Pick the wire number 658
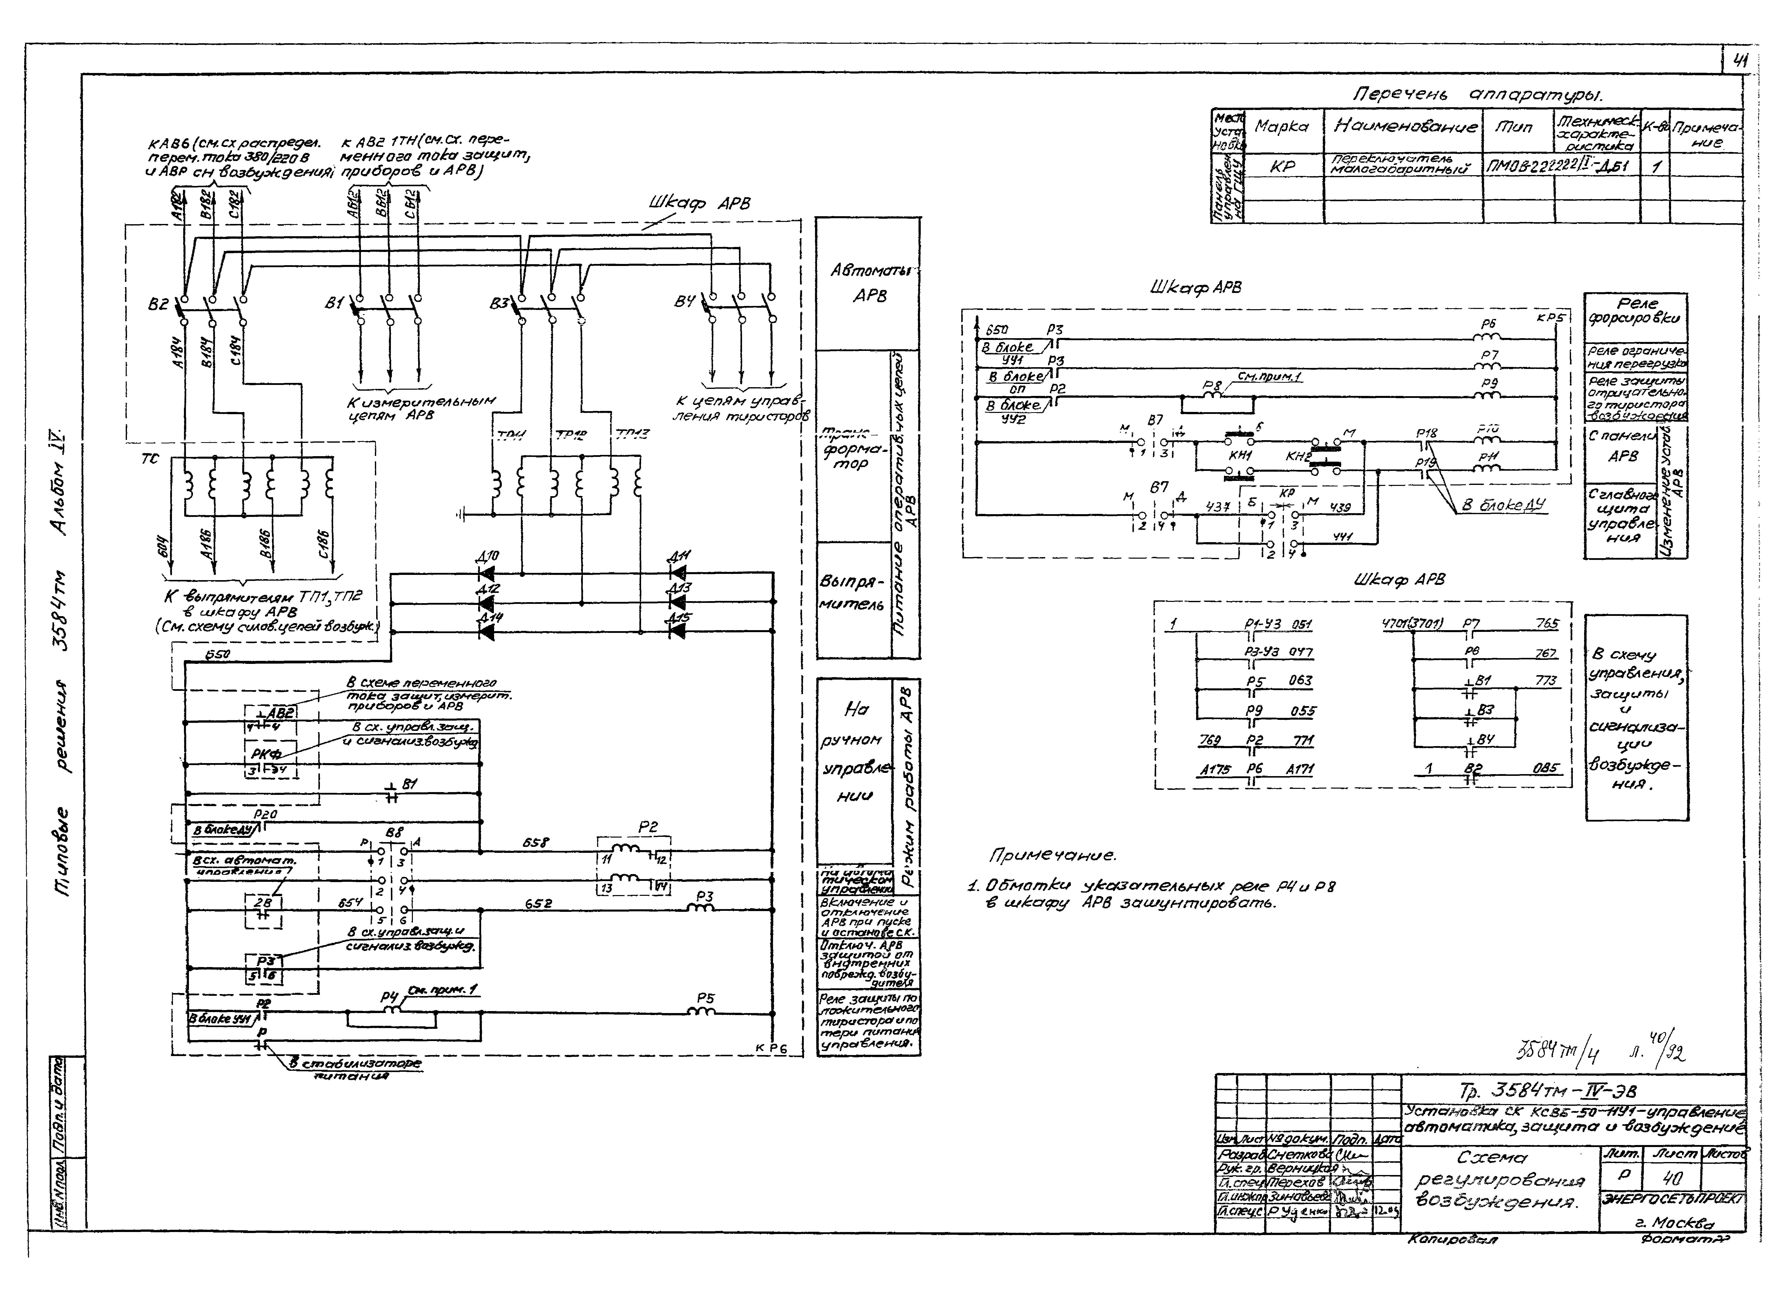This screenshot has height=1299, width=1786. pyautogui.click(x=536, y=842)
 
